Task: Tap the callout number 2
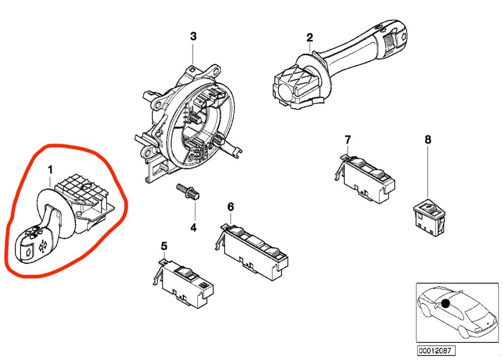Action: (309, 37)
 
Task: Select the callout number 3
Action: (193, 36)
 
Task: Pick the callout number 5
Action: (164, 245)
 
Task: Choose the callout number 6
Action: (230, 207)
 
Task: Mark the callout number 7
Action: (348, 139)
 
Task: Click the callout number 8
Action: (428, 140)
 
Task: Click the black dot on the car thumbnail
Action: (446, 304)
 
